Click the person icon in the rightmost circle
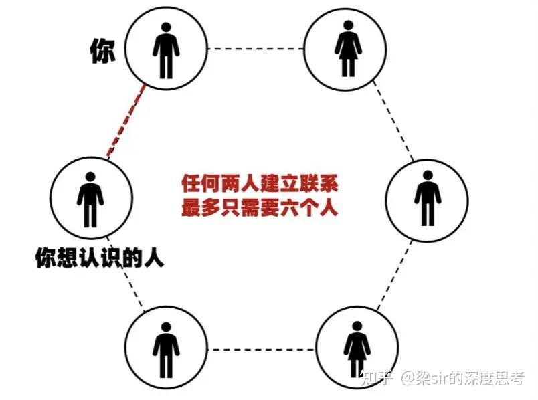point(427,197)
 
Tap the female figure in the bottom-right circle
point(357,348)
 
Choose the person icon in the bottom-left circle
point(165,349)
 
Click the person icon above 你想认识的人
point(90,197)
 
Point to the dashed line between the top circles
point(256,48)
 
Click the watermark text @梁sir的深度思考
point(462,380)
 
